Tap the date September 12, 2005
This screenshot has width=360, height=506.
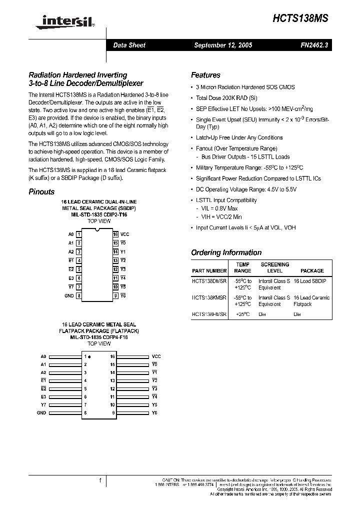point(223,45)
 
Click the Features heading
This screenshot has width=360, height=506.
point(205,75)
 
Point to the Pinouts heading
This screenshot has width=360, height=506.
point(41,191)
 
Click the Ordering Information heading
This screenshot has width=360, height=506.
point(226,252)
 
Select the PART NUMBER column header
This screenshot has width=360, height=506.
point(209,270)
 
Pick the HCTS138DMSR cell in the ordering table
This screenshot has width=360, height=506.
point(209,281)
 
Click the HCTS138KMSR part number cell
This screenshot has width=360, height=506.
point(209,297)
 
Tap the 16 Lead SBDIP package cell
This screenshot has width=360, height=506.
point(309,281)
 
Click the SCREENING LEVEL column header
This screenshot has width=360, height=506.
point(274,267)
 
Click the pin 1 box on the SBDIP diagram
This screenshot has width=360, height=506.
point(79,234)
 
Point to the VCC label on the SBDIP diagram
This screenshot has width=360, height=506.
point(125,234)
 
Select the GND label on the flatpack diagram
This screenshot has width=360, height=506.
point(41,412)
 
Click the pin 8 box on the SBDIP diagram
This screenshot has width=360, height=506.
point(79,296)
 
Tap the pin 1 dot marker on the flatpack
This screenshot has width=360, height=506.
point(89,356)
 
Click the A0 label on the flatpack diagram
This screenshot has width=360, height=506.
point(43,356)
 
